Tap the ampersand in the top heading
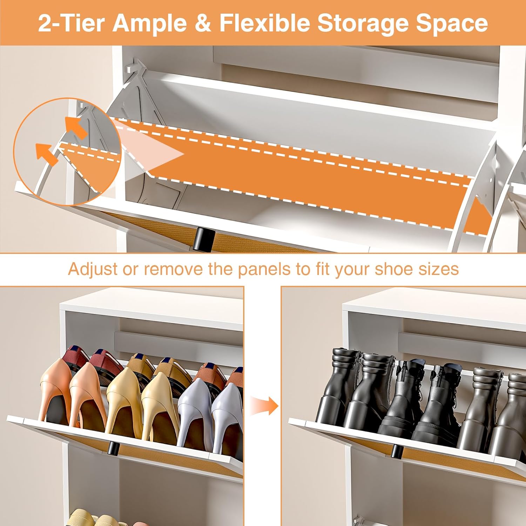(203, 23)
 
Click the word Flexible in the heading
(265, 23)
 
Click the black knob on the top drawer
(201, 239)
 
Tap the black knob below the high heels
(113, 449)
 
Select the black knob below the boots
(397, 451)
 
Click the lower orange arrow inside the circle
(47, 154)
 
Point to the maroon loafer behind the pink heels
(75, 359)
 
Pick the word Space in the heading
(452, 24)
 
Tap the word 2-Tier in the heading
(72, 23)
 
